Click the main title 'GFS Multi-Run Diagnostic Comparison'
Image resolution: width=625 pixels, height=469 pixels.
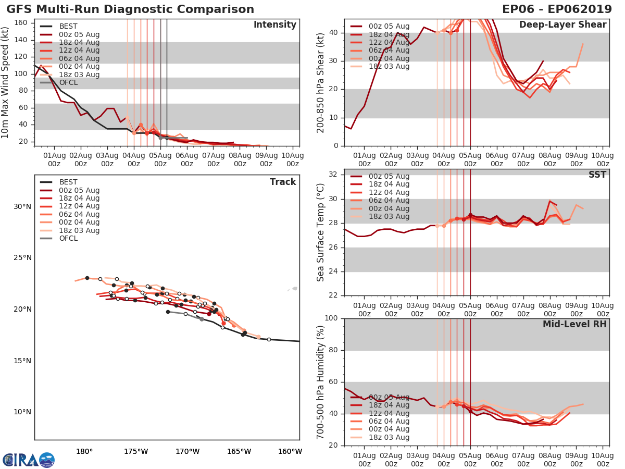pos(130,9)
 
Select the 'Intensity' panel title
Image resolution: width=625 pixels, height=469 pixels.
pos(274,25)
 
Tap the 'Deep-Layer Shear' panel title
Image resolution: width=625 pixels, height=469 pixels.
pos(562,25)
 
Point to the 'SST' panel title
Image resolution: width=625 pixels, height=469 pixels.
pos(597,175)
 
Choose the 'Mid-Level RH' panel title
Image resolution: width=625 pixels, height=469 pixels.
pos(574,324)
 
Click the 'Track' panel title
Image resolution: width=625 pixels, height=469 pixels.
pos(283,182)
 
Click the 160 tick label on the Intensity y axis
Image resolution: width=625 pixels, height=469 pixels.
pos(21,22)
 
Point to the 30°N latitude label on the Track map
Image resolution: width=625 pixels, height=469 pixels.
pos(22,206)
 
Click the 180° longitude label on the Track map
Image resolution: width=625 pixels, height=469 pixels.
pos(84,451)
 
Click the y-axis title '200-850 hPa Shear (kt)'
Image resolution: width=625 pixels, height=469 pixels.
pos(321,82)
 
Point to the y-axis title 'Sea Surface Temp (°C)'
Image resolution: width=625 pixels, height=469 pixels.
pos(321,232)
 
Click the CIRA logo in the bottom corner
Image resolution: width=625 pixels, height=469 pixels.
pos(28,460)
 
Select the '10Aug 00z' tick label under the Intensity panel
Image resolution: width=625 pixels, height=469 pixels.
pos(293,159)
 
